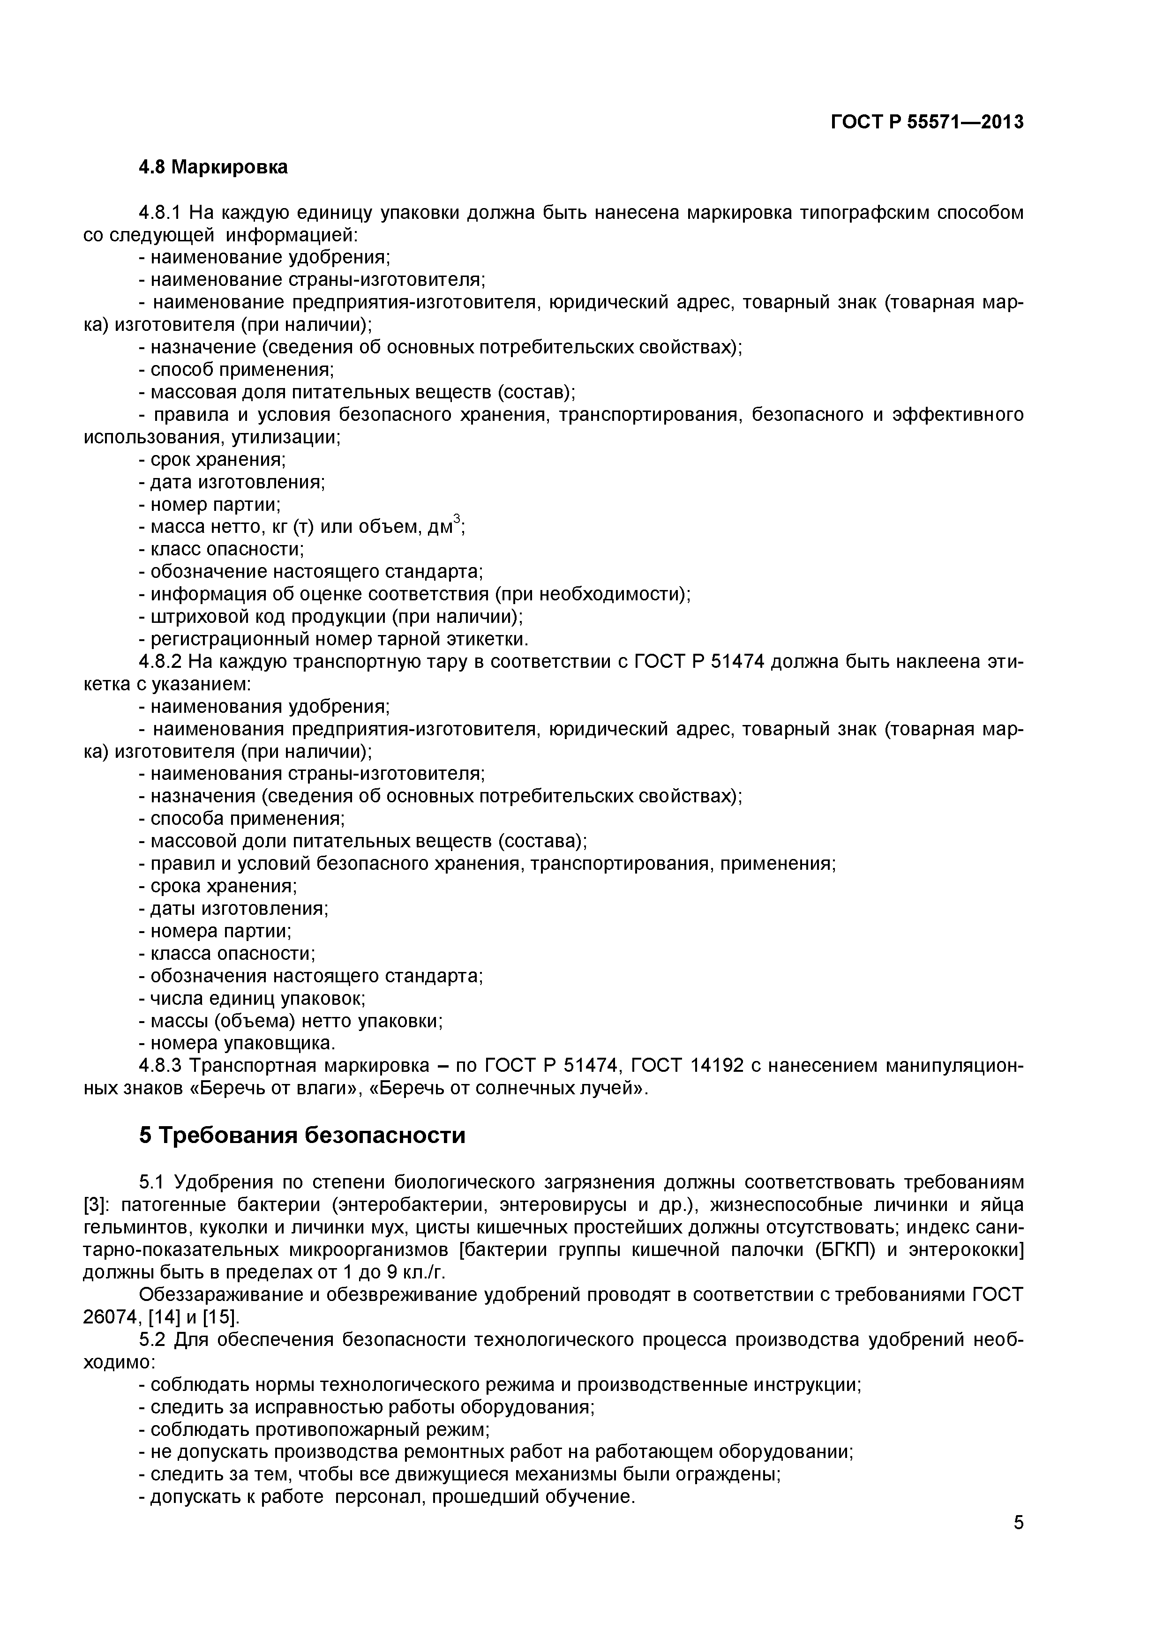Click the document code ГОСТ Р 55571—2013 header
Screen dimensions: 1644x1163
click(927, 122)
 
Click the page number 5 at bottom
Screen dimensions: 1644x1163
click(1018, 1542)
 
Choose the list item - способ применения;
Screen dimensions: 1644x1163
click(236, 369)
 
